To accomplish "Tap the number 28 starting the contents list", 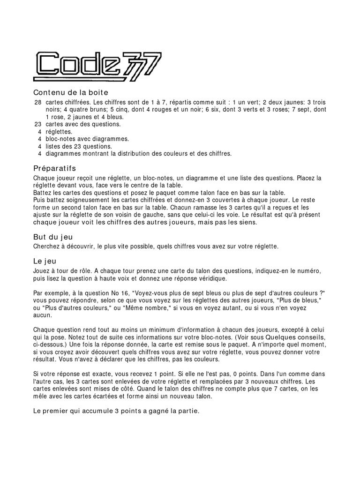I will click(38, 102).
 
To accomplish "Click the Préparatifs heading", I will click(54, 168).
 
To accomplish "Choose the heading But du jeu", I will click(52, 237).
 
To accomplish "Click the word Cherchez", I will click(47, 246).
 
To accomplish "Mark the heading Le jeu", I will click(44, 261).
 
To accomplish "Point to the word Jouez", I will click(42, 270).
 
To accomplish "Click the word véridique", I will click(210, 278).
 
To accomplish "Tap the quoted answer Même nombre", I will click(150, 307).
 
